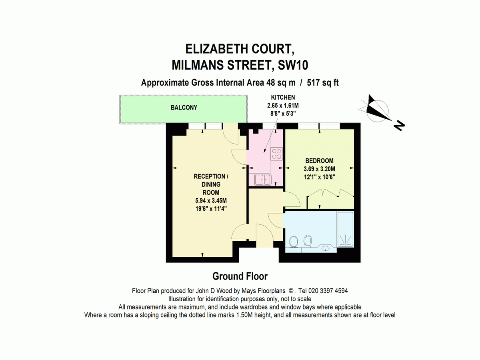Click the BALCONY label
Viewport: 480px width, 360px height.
(184, 108)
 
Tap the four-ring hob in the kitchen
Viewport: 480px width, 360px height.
(277, 154)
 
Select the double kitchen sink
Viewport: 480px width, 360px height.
(263, 180)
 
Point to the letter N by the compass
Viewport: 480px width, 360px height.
(399, 126)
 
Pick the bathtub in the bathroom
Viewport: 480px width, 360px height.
(346, 229)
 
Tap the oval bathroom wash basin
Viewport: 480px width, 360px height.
(325, 248)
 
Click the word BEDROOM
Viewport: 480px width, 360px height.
(319, 161)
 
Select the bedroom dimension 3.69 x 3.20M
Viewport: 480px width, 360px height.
(319, 169)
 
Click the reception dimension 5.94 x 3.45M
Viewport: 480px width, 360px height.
(211, 201)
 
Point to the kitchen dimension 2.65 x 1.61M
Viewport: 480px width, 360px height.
(283, 106)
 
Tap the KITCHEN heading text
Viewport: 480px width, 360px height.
(283, 97)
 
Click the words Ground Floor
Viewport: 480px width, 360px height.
(240, 276)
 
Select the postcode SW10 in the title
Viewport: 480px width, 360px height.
(293, 65)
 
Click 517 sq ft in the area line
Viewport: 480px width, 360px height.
(323, 83)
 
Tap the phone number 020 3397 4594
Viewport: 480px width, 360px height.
(328, 291)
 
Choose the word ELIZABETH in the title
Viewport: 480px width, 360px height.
(217, 49)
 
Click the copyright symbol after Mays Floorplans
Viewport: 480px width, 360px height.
(291, 291)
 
